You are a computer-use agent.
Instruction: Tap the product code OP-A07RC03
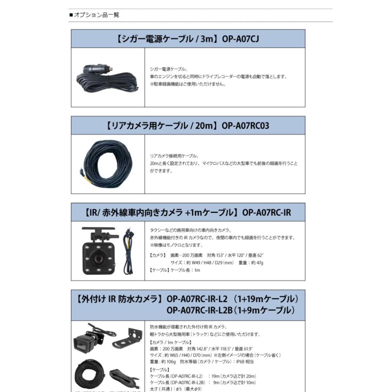click(245, 126)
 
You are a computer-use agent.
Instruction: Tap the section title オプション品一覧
click(96, 15)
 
